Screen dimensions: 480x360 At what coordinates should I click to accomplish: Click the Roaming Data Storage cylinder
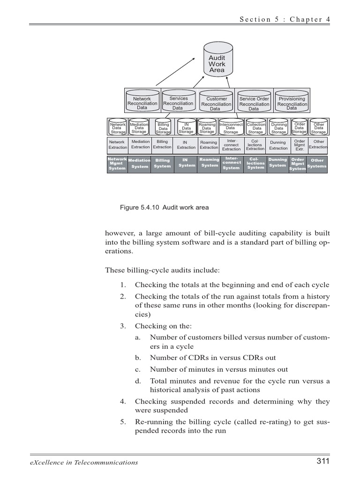(207, 128)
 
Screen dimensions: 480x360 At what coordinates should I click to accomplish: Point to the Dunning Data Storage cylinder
(279, 128)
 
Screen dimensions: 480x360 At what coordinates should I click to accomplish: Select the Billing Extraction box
(162, 144)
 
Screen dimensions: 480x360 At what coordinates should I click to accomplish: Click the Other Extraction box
(318, 144)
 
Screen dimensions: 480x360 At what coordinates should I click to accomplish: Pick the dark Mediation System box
(139, 164)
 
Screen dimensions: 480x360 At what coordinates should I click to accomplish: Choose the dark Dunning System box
(278, 163)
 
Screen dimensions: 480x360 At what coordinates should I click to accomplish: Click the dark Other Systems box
(317, 164)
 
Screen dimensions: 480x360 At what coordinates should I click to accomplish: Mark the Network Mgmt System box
(117, 164)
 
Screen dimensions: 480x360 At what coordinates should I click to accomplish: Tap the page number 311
(323, 462)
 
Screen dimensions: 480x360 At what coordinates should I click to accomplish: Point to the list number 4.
(122, 402)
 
